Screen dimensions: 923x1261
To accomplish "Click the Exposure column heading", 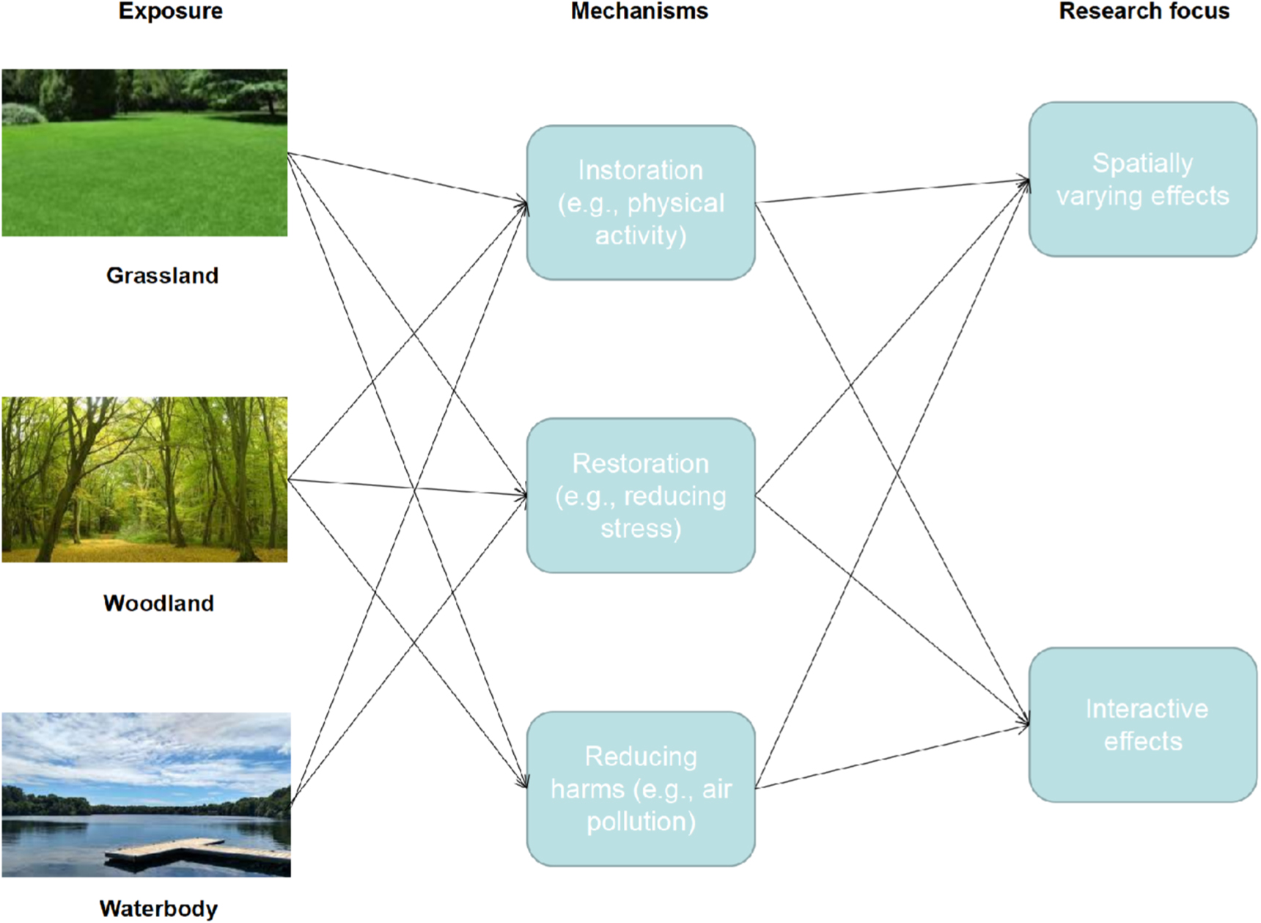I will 170,11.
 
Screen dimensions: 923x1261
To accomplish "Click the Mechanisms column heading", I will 639,11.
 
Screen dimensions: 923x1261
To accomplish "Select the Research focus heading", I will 1144,11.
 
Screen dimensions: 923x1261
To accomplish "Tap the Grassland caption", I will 162,276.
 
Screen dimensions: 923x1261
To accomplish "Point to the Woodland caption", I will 158,603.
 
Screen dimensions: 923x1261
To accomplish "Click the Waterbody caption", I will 158,909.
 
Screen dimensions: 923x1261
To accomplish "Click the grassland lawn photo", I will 144,152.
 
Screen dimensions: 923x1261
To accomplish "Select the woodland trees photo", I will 144,479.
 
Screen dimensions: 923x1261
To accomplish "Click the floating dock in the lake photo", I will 198,854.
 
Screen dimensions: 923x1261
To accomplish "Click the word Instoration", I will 640,170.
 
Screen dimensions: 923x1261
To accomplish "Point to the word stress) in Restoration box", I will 641,529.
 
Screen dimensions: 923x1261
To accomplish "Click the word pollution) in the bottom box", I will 641,822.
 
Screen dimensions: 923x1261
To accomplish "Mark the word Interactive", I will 1147,709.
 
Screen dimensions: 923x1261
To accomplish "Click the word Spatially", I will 1142,163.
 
